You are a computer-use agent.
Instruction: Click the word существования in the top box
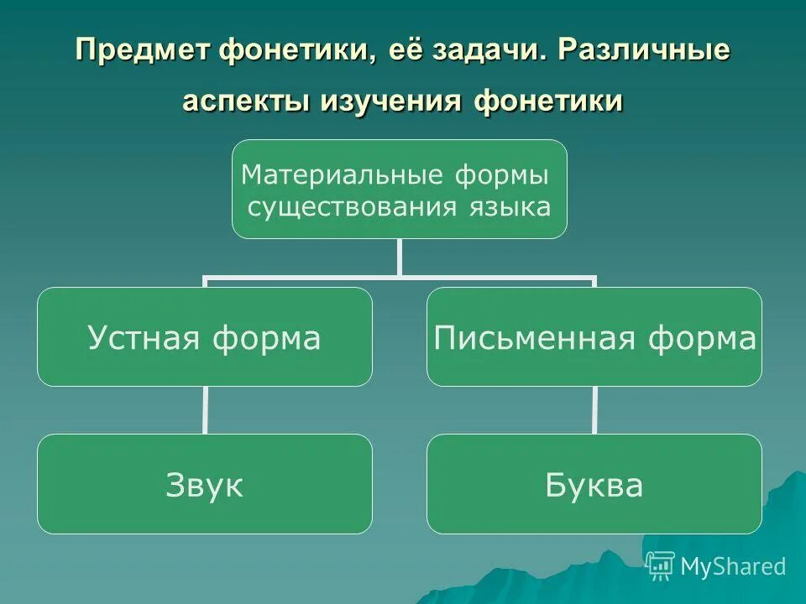(x=350, y=206)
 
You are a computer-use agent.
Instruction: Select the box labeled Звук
(x=204, y=484)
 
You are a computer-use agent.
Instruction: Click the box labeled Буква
(x=594, y=484)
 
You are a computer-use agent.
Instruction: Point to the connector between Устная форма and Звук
(x=205, y=410)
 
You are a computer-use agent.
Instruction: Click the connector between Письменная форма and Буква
(x=595, y=410)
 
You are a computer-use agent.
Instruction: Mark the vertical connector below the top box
(x=400, y=257)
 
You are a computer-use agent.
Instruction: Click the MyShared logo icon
(x=661, y=566)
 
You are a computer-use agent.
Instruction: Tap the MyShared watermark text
(x=733, y=566)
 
